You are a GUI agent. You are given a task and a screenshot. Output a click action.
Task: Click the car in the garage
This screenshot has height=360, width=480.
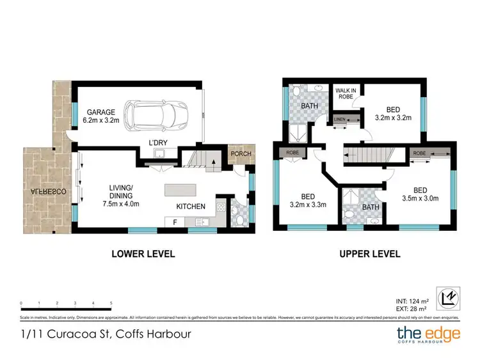(150, 115)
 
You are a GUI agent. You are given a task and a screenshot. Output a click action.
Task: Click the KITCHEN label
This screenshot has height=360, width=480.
(191, 206)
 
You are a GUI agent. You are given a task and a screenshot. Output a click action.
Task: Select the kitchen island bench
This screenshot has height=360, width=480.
(184, 190)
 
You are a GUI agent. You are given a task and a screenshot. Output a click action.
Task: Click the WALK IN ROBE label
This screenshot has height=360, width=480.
(346, 95)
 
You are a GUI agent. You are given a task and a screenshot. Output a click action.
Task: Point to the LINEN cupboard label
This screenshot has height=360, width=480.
(338, 120)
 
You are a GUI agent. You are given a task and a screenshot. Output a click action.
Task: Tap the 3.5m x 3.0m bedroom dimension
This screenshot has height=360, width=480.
(420, 198)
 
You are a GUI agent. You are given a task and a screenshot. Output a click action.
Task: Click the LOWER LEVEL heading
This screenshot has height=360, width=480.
(143, 254)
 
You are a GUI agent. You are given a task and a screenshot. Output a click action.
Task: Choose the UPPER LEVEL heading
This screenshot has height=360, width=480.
(369, 254)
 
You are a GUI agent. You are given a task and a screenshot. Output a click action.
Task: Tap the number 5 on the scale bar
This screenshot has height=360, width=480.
(111, 303)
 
